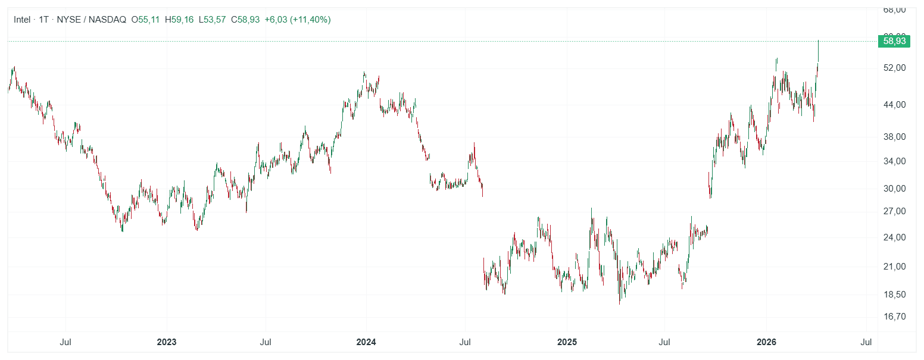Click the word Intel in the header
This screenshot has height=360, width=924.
[x=22, y=20]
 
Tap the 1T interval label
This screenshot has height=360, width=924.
[x=43, y=20]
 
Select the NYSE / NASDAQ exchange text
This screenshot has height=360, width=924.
[x=91, y=20]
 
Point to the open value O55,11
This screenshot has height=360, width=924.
[x=146, y=20]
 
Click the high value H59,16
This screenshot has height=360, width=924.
[x=179, y=20]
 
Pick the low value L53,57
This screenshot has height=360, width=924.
[x=212, y=20]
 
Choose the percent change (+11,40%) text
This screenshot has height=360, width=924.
[x=310, y=20]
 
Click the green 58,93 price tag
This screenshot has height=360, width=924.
[x=894, y=41]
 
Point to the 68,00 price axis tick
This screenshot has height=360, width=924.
[x=894, y=10]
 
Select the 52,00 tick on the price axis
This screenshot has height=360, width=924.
[x=894, y=68]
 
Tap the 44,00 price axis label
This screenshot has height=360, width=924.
[x=894, y=105]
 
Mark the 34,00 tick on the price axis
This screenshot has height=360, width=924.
[x=894, y=161]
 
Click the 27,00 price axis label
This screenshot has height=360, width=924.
[x=894, y=211]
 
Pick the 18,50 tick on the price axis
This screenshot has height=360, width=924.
[x=894, y=295]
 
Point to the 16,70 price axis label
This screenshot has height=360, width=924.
[x=894, y=317]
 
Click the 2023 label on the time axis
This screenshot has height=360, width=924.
[x=166, y=342]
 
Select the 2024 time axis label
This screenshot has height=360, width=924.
[x=366, y=342]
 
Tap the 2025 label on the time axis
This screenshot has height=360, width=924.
[x=567, y=342]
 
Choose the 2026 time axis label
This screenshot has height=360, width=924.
[x=766, y=342]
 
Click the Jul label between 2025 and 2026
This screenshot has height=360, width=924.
[x=665, y=342]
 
